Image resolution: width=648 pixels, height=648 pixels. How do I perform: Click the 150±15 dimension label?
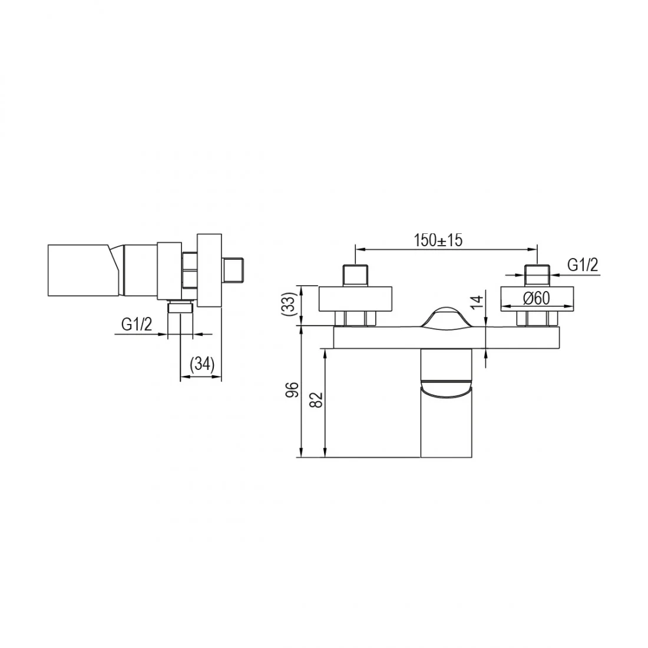tap(438, 240)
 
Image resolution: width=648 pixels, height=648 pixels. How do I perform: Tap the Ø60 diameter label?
tap(537, 298)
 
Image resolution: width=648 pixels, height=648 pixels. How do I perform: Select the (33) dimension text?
tap(290, 305)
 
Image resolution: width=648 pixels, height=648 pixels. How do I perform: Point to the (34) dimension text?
tap(202, 365)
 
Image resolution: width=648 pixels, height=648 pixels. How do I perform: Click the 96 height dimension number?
tap(292, 390)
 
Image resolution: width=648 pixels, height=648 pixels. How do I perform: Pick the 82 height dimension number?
tap(316, 399)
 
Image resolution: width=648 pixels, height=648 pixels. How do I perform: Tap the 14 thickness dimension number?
tap(477, 303)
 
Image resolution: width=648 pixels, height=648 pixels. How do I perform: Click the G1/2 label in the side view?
tap(137, 325)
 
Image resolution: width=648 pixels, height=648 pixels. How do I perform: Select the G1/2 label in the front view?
tap(583, 265)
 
